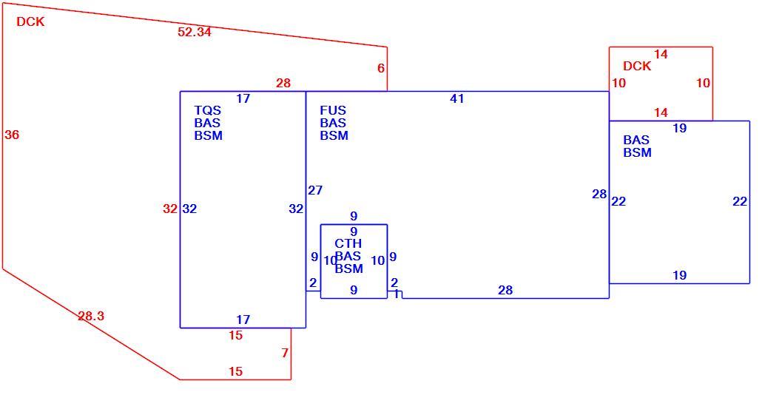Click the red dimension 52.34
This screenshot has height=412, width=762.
pos(195,32)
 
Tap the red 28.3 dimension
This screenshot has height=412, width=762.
pos(91,317)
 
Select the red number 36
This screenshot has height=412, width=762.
pos(12,135)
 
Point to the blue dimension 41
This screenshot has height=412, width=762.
pos(456,98)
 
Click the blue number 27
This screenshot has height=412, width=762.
pos(315,190)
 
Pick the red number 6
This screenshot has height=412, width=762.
pos(381,69)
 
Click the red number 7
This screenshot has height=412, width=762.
pos(285,354)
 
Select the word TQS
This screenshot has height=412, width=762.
pos(207,111)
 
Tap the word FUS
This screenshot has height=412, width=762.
pos(333,111)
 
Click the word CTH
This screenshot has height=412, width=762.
pos(348,243)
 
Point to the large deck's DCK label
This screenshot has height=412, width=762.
pos(30,22)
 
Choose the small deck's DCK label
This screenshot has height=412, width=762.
pos(637,67)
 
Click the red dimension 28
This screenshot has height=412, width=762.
pos(283,83)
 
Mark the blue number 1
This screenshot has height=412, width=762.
pos(397,294)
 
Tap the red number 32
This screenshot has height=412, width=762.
pos(170,209)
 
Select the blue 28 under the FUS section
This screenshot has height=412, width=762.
pos(505,290)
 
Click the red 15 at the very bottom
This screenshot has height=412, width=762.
pos(236,371)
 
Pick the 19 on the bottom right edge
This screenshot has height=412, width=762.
pos(679,275)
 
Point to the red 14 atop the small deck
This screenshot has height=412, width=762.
pos(661,55)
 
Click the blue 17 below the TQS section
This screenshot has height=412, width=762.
pos(243,320)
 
